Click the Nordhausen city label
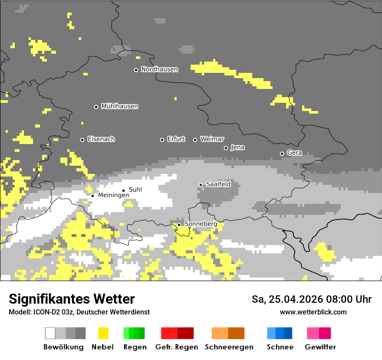(x=159, y=69)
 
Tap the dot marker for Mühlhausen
(x=96, y=107)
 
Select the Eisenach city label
(x=101, y=139)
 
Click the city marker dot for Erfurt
(x=162, y=140)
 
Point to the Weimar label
(x=212, y=139)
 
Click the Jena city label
(x=237, y=147)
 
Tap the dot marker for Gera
(x=282, y=154)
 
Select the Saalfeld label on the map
(x=218, y=184)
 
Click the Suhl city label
(x=135, y=190)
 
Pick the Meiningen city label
(x=113, y=196)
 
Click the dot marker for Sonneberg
(x=179, y=225)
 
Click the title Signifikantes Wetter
(x=72, y=299)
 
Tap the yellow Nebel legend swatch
(x=103, y=333)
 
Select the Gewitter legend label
(x=320, y=347)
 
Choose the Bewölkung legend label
(x=63, y=347)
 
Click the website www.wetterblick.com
(x=313, y=312)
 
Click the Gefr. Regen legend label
(x=177, y=347)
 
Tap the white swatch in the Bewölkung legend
(x=50, y=333)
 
